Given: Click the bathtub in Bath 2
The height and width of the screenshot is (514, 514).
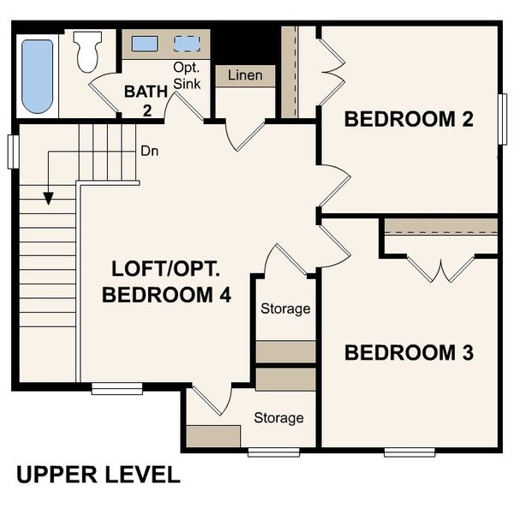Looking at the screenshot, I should [37, 75].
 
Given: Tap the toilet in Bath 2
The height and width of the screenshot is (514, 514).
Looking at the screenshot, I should [87, 52].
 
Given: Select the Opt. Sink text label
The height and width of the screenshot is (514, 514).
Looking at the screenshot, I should [187, 75].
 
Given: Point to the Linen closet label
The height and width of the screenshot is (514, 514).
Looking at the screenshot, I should [245, 75].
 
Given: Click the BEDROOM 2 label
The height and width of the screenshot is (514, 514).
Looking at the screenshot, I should [409, 119].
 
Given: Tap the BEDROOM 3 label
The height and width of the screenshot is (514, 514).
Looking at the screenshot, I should [409, 352].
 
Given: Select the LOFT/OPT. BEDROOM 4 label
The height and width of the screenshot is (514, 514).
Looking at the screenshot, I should [166, 282].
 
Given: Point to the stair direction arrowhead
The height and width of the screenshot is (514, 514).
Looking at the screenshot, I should [48, 199].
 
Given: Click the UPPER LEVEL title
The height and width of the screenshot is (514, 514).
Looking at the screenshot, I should [98, 475].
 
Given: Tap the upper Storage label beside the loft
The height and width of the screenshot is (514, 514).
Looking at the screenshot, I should [285, 308].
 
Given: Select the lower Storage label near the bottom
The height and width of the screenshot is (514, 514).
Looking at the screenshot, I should [278, 418].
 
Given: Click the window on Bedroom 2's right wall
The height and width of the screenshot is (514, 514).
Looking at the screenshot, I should [503, 119].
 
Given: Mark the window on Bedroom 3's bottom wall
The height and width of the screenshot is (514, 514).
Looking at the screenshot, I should [409, 451].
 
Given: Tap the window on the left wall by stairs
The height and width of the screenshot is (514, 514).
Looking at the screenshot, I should [13, 151].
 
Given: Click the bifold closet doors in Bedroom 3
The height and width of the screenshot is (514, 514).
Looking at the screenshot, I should [440, 269].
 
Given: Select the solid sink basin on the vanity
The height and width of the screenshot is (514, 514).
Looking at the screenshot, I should [144, 45].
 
